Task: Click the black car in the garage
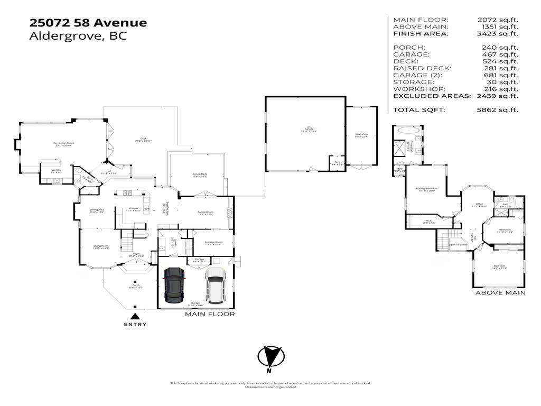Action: pyautogui.click(x=175, y=285)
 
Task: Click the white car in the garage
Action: pyautogui.click(x=215, y=285)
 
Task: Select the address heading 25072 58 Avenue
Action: pyautogui.click(x=88, y=23)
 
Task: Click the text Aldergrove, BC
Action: pyautogui.click(x=78, y=36)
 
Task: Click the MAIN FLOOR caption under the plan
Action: pyautogui.click(x=210, y=314)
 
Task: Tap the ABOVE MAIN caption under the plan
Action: pyautogui.click(x=500, y=293)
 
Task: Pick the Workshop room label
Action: pyautogui.click(x=361, y=135)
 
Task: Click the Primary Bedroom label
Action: pyautogui.click(x=425, y=189)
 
